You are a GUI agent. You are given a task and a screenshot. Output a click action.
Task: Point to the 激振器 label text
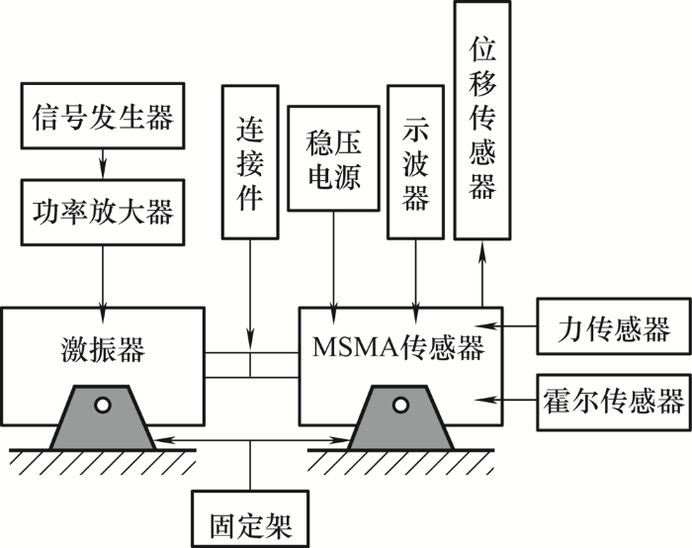click(x=103, y=349)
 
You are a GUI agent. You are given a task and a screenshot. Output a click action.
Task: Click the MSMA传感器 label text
click(x=398, y=346)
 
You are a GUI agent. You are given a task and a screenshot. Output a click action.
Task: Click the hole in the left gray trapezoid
click(x=103, y=405)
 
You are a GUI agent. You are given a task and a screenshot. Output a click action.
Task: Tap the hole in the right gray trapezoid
click(x=400, y=405)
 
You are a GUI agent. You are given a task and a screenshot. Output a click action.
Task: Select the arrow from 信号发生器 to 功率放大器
click(x=103, y=164)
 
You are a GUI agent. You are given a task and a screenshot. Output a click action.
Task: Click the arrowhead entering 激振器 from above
click(x=103, y=314)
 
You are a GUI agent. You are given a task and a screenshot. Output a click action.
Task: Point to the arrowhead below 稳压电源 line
click(x=334, y=314)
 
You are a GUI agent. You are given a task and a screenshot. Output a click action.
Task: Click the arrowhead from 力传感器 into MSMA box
click(x=487, y=326)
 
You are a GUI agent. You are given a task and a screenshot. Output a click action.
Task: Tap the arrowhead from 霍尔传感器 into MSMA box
click(x=486, y=400)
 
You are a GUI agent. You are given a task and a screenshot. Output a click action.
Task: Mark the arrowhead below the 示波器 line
click(x=416, y=314)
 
